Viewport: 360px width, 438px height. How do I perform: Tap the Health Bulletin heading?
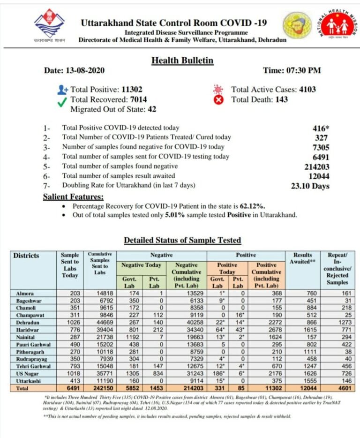tap(182, 60)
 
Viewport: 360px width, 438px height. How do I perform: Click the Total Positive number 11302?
tap(132, 89)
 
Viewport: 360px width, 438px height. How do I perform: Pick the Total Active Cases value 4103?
tap(307, 89)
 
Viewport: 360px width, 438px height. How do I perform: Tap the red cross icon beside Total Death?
tap(218, 99)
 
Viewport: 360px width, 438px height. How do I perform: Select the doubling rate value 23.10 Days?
tap(310, 186)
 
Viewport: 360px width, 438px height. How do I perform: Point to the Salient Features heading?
tap(74, 197)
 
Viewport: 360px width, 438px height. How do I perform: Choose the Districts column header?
tap(26, 256)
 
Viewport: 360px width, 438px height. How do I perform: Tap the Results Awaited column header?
tap(302, 258)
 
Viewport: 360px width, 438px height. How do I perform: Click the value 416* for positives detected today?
tap(321, 128)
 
